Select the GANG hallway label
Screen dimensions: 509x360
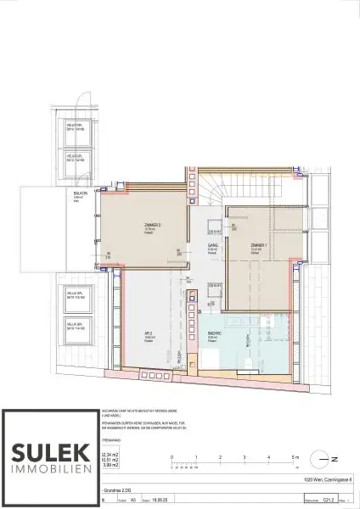pos(209,245)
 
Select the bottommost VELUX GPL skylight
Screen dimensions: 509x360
pos(78,326)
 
